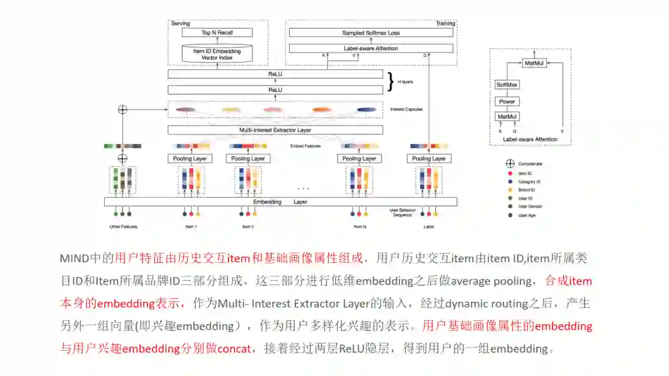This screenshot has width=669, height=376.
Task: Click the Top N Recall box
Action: (x=217, y=33)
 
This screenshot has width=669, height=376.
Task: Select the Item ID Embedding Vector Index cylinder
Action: (x=217, y=54)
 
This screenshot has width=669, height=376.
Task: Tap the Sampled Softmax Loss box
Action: (x=370, y=33)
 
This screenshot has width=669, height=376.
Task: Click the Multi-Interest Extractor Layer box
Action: (x=275, y=130)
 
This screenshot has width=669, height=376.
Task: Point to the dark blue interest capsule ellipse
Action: (x=367, y=109)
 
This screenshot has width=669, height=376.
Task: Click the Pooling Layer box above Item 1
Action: (x=191, y=158)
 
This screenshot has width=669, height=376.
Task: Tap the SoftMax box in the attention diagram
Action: (x=507, y=85)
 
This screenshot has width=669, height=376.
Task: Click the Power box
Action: (x=507, y=101)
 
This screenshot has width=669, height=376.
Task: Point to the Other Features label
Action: (x=123, y=227)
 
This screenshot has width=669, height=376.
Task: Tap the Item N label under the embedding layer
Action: (x=360, y=227)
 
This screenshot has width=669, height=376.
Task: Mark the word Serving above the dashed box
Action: (x=180, y=23)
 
